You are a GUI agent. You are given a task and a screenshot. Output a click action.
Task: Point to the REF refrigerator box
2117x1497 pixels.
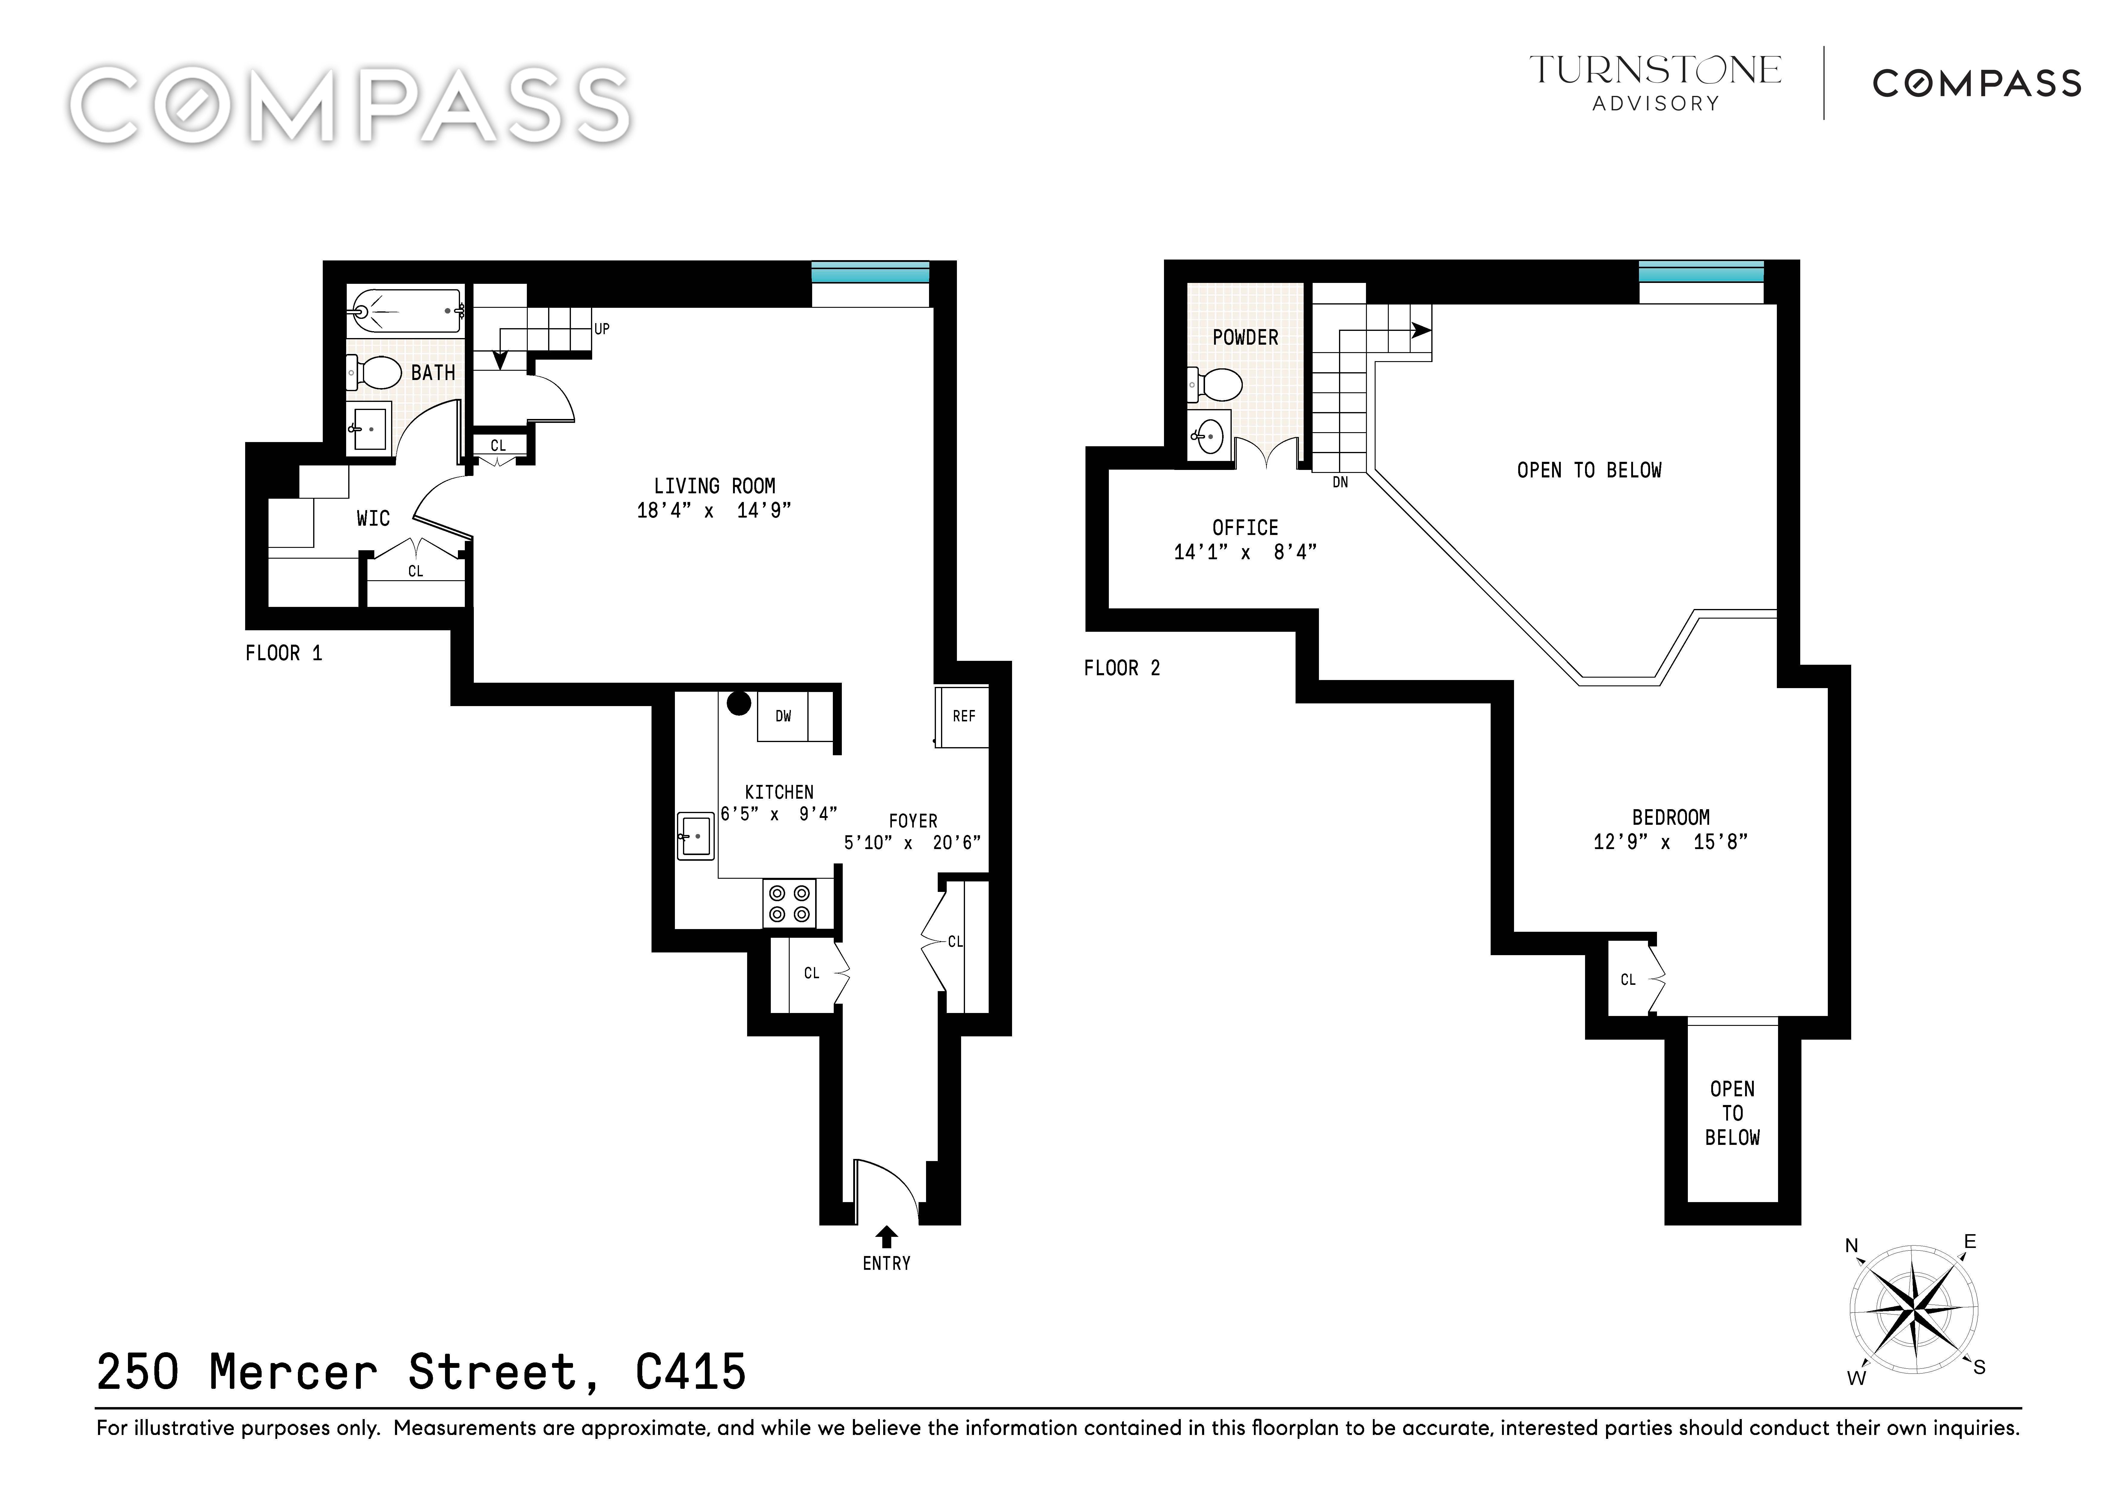point(963,716)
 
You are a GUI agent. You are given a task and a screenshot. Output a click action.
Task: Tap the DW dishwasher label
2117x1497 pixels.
point(783,716)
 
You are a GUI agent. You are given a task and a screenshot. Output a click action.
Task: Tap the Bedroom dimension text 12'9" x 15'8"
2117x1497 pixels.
point(1671,842)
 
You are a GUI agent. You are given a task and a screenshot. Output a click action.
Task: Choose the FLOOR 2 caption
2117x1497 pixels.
point(1122,668)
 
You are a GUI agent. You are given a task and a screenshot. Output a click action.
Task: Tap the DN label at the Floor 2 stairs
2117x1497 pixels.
point(1341,482)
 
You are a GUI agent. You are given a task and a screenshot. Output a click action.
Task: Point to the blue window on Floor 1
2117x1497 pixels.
point(869,273)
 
